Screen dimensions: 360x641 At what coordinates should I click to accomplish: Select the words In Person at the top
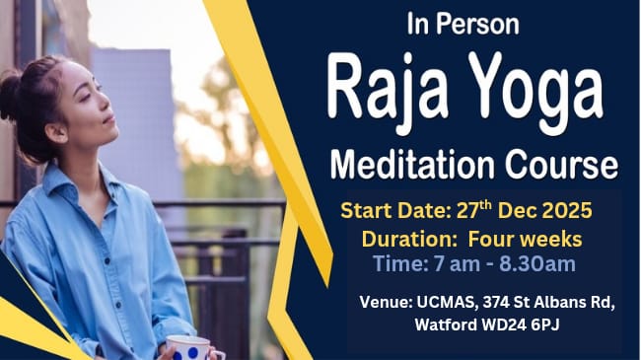(462, 23)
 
